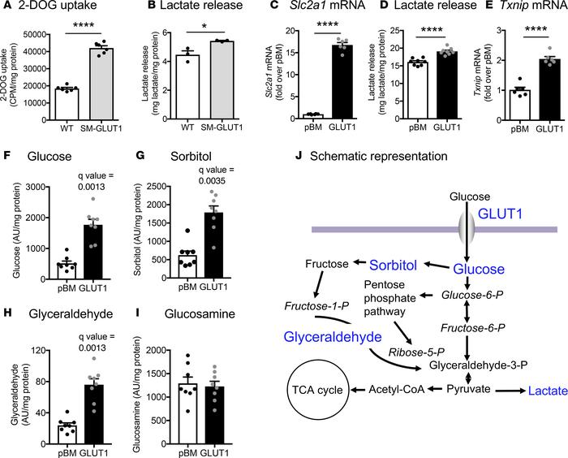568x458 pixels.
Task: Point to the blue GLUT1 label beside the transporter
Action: pos(500,214)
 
